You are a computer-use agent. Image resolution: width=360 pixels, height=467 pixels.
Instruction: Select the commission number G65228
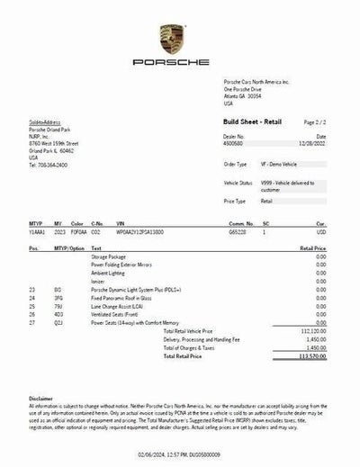[x=238, y=232]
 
